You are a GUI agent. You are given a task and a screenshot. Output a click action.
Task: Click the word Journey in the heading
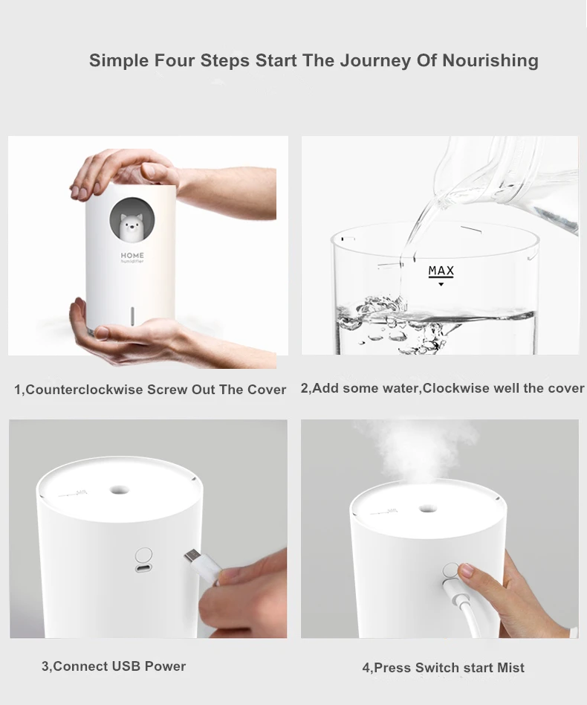[370, 60]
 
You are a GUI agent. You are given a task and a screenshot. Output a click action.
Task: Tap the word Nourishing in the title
[490, 60]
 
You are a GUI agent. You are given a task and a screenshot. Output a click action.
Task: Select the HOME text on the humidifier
[133, 255]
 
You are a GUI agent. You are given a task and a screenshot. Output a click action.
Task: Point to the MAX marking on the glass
[441, 271]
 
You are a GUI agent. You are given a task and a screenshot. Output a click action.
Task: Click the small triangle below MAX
[441, 284]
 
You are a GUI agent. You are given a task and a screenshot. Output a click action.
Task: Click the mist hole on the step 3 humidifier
[118, 490]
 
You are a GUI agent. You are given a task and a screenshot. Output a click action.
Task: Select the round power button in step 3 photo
[144, 555]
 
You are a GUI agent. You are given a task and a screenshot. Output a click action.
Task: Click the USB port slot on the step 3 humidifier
[143, 569]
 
